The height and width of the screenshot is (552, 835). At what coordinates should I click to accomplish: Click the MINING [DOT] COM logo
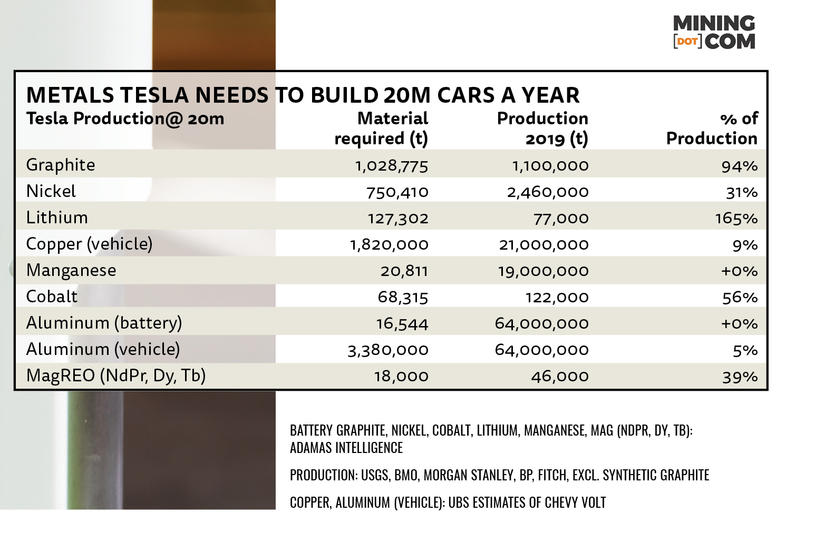[x=714, y=32]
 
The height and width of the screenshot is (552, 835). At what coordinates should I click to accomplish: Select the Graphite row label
[x=61, y=165]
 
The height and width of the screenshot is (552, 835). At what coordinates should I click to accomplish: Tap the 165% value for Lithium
[x=736, y=218]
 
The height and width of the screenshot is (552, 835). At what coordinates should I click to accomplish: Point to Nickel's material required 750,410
[x=397, y=192]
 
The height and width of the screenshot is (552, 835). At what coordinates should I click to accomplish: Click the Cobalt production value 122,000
[x=557, y=297]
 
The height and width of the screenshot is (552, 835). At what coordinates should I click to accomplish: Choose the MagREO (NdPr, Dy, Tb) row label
[x=116, y=376]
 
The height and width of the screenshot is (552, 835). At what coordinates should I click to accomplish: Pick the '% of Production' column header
[x=712, y=128]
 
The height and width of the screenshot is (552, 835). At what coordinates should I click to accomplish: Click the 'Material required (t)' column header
[x=381, y=128]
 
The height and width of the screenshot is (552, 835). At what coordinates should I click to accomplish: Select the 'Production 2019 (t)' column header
[x=542, y=128]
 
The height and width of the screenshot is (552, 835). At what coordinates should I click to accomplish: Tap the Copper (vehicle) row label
[x=89, y=244]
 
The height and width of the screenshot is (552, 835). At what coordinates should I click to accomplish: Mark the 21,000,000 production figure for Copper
[x=543, y=244]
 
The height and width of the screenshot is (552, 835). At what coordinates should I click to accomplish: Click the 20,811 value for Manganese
[x=404, y=271]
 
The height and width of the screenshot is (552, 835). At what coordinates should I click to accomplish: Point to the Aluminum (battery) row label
[x=104, y=323]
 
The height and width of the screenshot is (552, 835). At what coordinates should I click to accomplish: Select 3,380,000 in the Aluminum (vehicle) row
[x=388, y=350]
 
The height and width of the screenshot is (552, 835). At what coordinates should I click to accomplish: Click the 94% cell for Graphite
[x=740, y=166]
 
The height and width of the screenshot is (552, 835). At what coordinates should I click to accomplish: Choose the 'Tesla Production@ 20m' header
[x=125, y=119]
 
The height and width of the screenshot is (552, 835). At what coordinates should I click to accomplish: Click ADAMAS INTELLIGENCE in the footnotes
[x=346, y=448]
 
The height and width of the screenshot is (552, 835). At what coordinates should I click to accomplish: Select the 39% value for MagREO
[x=740, y=377]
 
